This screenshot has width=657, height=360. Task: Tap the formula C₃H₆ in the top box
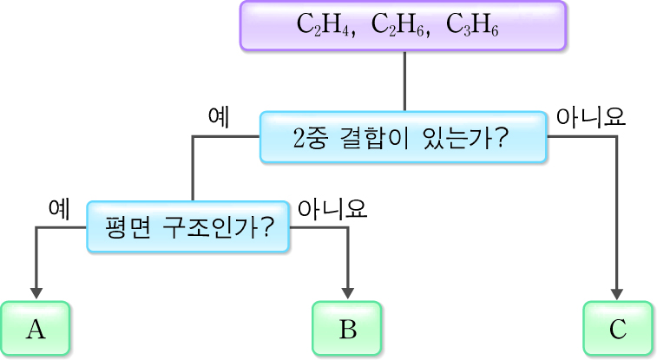pyautogui.click(x=472, y=25)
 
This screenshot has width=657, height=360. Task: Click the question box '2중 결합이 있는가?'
pyautogui.click(x=404, y=137)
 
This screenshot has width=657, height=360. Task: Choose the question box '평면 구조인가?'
pyautogui.click(x=188, y=227)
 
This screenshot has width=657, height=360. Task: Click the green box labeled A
pyautogui.click(x=36, y=330)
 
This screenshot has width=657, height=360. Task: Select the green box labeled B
pyautogui.click(x=347, y=330)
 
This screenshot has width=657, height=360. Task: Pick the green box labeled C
pyautogui.click(x=617, y=330)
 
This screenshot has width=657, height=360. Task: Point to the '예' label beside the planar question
pyautogui.click(x=59, y=207)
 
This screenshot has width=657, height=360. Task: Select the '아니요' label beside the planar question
pyautogui.click(x=332, y=207)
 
